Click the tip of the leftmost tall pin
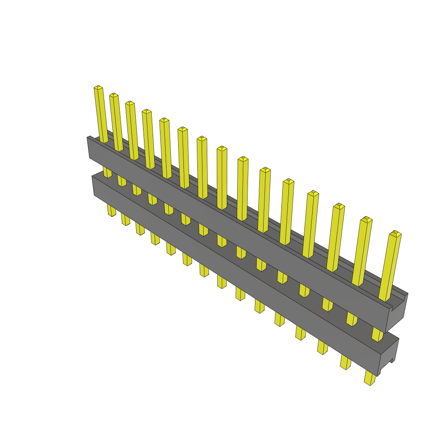pos(98,88)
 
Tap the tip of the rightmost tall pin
pos(395,234)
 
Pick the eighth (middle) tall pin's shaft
pos(222,178)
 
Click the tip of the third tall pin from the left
pos(130,104)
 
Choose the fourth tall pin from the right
pos(311,224)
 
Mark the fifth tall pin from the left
pos(166,147)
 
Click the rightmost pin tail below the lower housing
pos(369,378)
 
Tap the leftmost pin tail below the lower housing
pos(111,211)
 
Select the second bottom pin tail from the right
pos(346,362)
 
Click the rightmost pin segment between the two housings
pos(377,334)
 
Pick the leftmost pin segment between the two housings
pos(107,172)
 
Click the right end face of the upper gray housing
pos(396,314)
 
